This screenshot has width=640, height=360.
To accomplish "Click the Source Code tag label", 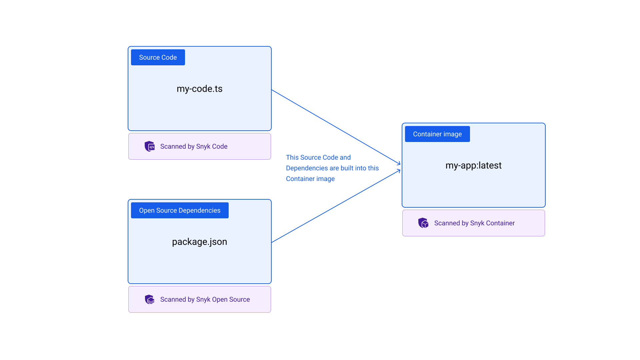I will [x=158, y=57].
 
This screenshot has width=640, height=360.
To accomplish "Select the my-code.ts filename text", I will [x=199, y=89].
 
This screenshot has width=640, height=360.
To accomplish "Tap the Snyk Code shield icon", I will [x=149, y=146].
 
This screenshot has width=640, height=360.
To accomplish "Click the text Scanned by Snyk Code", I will [x=194, y=146].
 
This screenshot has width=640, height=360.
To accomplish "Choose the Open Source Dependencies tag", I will [x=180, y=210].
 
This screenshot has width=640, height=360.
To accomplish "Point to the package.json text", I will [x=199, y=242].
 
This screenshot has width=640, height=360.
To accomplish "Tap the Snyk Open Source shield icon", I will [x=149, y=299].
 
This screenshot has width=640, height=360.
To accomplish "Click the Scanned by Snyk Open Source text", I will [x=205, y=299].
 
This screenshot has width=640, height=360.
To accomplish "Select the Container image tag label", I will [x=437, y=134].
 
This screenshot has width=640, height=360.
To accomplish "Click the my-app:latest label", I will [x=473, y=165].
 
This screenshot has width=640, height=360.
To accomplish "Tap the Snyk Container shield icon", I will [x=423, y=223].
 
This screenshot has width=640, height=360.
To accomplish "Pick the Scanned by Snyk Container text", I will [x=474, y=223].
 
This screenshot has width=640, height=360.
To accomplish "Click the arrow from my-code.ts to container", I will [x=333, y=126].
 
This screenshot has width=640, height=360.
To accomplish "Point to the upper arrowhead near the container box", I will [x=399, y=163].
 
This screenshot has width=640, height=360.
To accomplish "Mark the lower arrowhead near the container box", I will [x=399, y=171].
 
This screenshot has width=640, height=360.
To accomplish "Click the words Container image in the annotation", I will [x=310, y=179].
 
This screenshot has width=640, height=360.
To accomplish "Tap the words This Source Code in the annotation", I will [x=312, y=157].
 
